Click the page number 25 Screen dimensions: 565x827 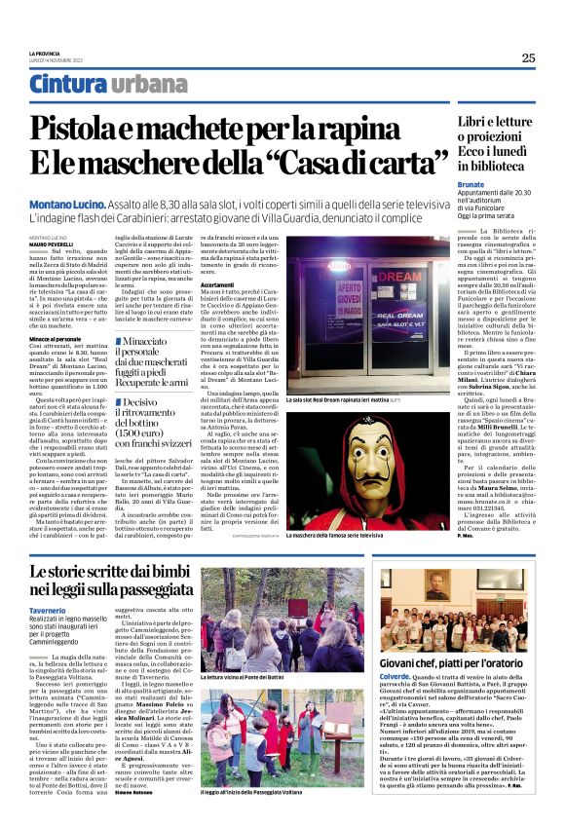tap(527, 57)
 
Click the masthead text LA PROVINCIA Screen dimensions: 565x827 tap(45, 54)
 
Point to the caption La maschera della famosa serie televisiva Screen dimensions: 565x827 tap(334, 535)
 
